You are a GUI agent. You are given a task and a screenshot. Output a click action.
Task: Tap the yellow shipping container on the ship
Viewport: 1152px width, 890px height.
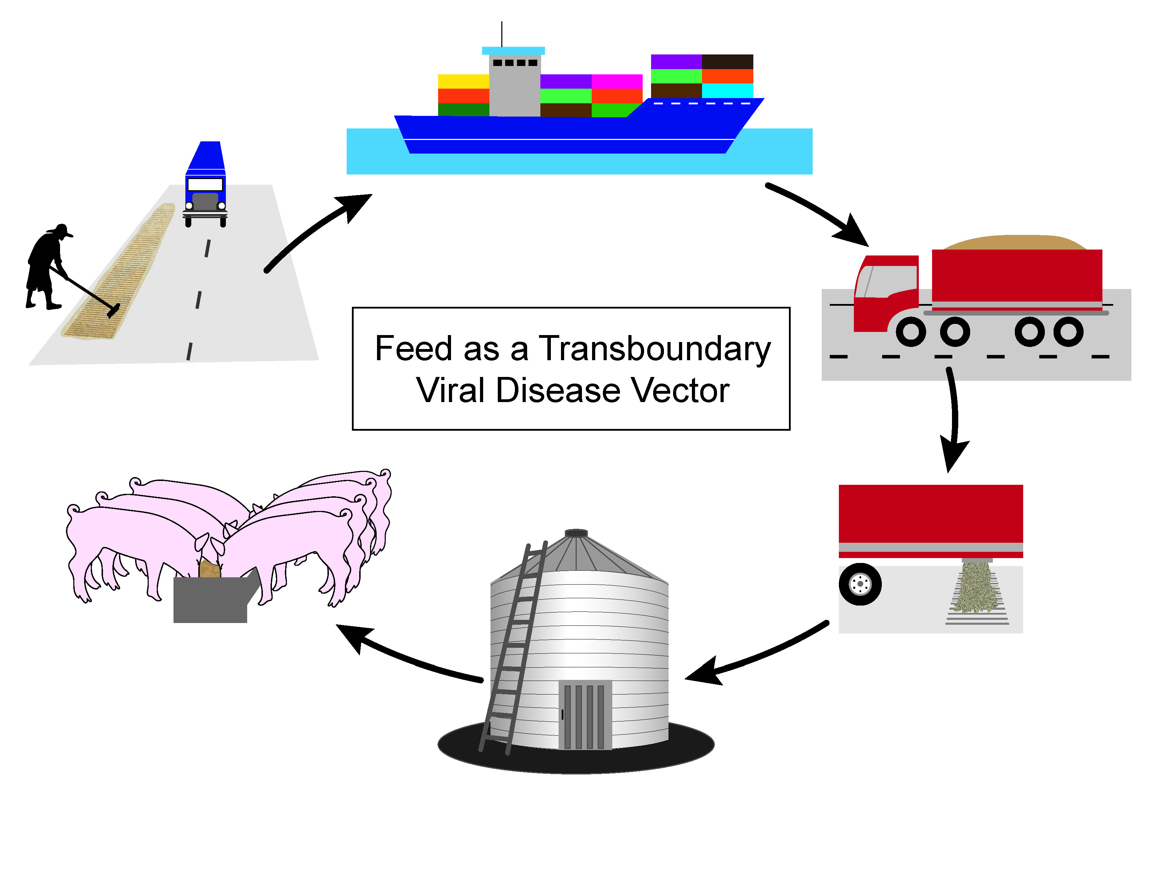click(463, 82)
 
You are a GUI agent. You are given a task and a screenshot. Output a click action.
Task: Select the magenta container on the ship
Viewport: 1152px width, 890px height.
click(616, 82)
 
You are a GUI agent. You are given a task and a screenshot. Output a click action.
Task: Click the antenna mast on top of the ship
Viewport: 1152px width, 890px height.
click(502, 34)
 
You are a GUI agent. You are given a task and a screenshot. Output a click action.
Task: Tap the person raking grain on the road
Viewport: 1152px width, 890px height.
click(46, 266)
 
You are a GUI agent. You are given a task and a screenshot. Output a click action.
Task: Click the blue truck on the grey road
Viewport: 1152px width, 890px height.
click(205, 185)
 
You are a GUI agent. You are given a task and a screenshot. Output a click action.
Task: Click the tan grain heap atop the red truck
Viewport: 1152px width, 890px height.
click(1013, 243)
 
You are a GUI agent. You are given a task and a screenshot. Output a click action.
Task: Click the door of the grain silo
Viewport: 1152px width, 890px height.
click(585, 714)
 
